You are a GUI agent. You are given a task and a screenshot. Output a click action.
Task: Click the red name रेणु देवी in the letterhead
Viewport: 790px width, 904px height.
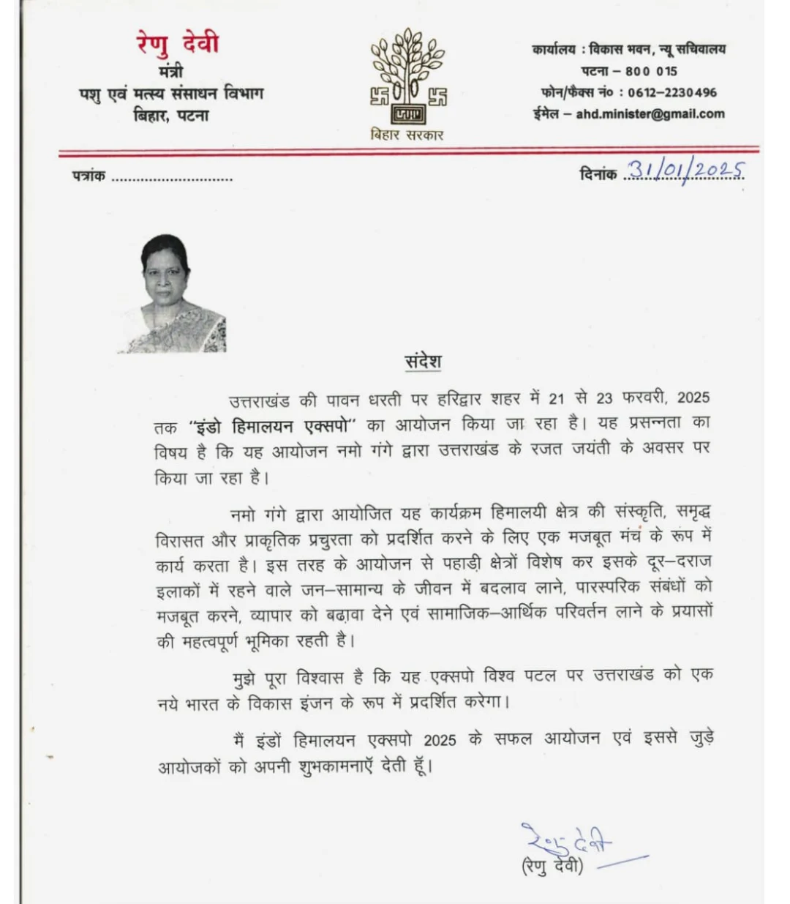coord(178,44)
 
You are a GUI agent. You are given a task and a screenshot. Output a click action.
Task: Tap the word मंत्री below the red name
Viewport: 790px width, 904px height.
coord(170,72)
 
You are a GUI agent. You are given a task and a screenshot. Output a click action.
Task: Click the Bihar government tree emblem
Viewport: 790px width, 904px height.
coord(408,77)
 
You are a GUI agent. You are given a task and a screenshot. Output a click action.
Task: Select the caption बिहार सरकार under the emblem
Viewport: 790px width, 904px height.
coord(407,135)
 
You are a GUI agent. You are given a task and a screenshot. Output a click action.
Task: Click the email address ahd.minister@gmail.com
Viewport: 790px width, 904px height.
coord(650,114)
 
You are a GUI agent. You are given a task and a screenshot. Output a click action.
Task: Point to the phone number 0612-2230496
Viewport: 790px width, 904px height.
coord(671,92)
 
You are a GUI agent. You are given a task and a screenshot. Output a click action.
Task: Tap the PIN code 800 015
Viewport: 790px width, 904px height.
coord(651,71)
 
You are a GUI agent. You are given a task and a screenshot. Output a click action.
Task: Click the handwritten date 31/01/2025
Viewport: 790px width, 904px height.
coord(685,171)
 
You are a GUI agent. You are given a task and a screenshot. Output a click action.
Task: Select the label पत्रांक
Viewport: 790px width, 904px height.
coord(89,176)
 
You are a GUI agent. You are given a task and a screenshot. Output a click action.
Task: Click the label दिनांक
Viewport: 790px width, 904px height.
coord(598,174)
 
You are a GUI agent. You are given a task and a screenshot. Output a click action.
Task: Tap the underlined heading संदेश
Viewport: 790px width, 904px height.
coord(423,362)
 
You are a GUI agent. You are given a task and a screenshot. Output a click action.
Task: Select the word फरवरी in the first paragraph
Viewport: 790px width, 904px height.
coord(643,398)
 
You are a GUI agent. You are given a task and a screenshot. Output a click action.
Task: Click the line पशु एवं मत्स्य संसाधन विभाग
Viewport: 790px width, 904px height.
coord(171,94)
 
